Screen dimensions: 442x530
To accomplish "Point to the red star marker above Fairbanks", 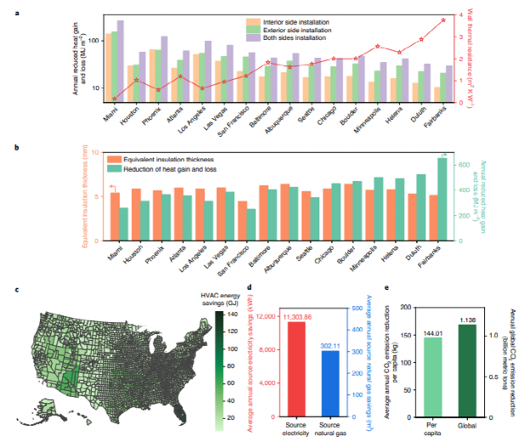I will (443, 20).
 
